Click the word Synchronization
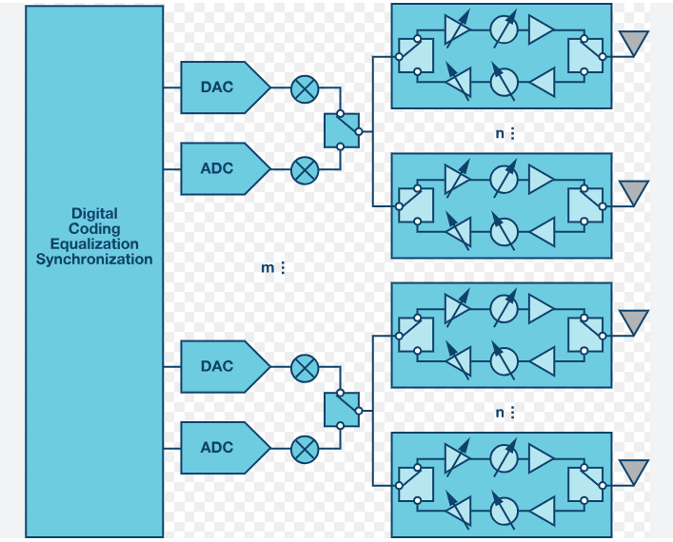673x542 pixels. click(x=94, y=259)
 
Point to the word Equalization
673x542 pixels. click(x=94, y=244)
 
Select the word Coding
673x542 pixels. click(x=94, y=229)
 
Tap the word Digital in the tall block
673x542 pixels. click(x=94, y=214)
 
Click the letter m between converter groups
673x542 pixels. click(x=267, y=268)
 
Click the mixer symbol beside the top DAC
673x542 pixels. click(x=304, y=89)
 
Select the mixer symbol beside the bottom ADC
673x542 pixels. click(x=304, y=448)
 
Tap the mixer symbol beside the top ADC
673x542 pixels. click(x=304, y=169)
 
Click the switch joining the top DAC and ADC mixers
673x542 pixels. click(x=341, y=129)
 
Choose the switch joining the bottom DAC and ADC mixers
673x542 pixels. click(x=341, y=408)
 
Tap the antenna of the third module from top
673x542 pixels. click(x=633, y=320)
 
